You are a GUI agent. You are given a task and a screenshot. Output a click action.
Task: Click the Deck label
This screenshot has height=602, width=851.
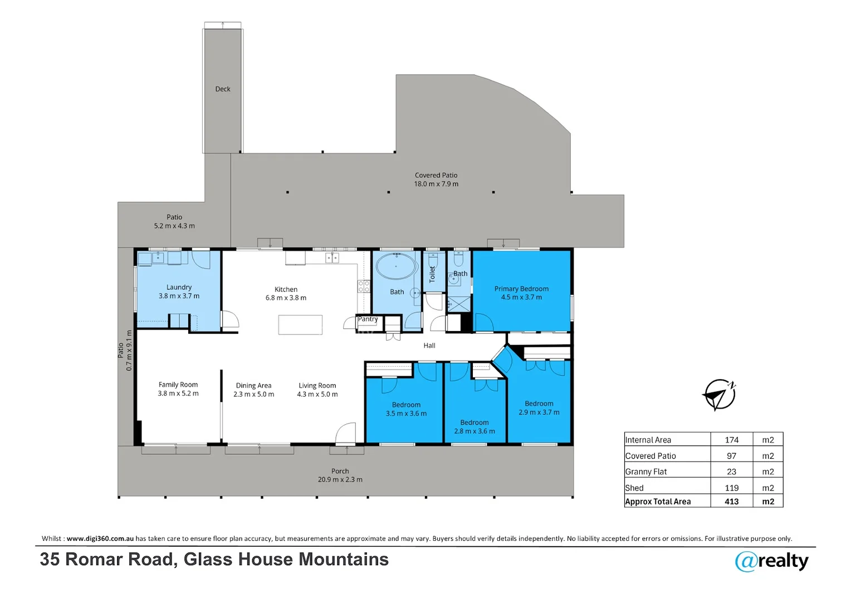(x=223, y=89)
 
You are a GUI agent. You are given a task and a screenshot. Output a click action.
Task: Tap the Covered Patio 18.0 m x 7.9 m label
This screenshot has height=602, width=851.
(x=436, y=179)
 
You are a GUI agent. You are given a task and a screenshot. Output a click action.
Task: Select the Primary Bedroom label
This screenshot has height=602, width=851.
(x=521, y=293)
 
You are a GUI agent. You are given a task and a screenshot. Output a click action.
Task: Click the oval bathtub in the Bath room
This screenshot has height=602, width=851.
(x=396, y=266)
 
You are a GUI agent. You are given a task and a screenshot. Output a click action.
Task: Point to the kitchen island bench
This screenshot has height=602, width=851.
(x=300, y=325)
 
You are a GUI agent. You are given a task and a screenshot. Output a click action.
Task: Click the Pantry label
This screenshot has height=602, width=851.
(x=368, y=319)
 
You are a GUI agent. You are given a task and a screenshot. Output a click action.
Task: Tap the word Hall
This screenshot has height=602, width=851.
(x=429, y=346)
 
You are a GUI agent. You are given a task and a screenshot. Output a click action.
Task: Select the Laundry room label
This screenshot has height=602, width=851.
(x=179, y=292)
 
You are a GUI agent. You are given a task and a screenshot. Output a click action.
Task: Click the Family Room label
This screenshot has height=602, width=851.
(x=178, y=389)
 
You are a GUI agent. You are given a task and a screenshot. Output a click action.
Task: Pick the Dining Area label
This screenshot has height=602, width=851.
(x=253, y=390)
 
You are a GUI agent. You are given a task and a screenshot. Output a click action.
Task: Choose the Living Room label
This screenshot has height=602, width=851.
(x=317, y=390)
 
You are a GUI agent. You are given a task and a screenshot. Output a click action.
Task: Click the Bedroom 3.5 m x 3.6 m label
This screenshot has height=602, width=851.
(x=406, y=409)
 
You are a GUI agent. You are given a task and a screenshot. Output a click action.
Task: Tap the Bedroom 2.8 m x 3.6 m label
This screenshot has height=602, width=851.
(x=475, y=427)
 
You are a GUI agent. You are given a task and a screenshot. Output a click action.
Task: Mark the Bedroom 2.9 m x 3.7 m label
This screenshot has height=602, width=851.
(x=539, y=408)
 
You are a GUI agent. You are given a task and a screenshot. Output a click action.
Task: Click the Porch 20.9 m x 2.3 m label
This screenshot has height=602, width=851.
(x=340, y=475)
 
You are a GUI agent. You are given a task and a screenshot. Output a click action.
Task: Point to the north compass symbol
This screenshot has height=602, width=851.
(x=719, y=395)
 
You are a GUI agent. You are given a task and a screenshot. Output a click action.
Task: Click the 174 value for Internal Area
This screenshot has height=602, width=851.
(x=731, y=440)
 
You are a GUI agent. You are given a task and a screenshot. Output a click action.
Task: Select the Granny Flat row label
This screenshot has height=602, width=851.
(x=646, y=472)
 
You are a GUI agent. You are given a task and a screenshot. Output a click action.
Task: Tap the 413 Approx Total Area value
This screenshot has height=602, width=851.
(x=731, y=501)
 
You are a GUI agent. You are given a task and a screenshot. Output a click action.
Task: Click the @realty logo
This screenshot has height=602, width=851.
(x=772, y=561)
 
